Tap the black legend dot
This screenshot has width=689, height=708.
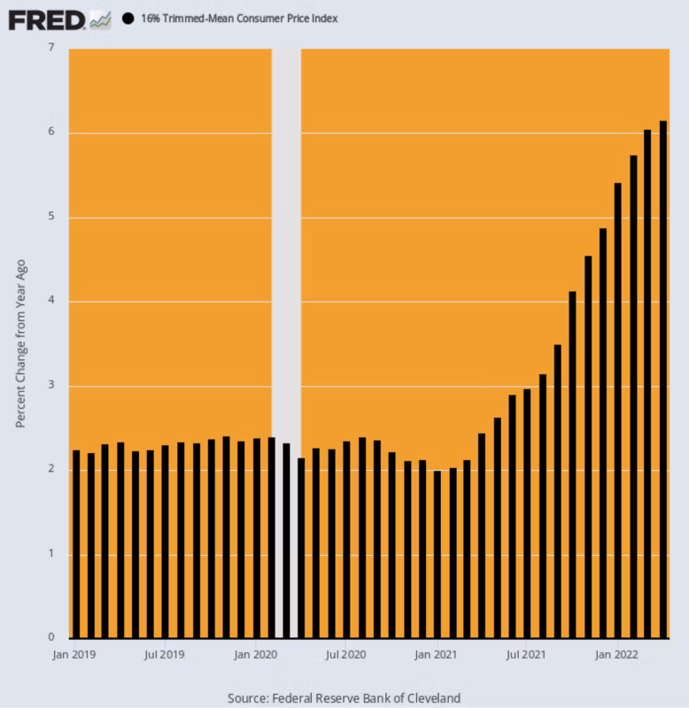point(128,19)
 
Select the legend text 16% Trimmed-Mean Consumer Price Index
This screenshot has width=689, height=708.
point(238,19)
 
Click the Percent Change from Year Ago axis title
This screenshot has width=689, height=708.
point(20,343)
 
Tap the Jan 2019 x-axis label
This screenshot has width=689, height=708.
point(74,656)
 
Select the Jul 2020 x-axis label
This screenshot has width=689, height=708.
point(345,656)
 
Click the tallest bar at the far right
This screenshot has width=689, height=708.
point(663,381)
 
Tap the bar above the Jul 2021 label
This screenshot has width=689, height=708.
point(527,513)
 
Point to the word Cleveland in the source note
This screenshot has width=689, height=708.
point(433,697)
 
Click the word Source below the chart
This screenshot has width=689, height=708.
point(247,697)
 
